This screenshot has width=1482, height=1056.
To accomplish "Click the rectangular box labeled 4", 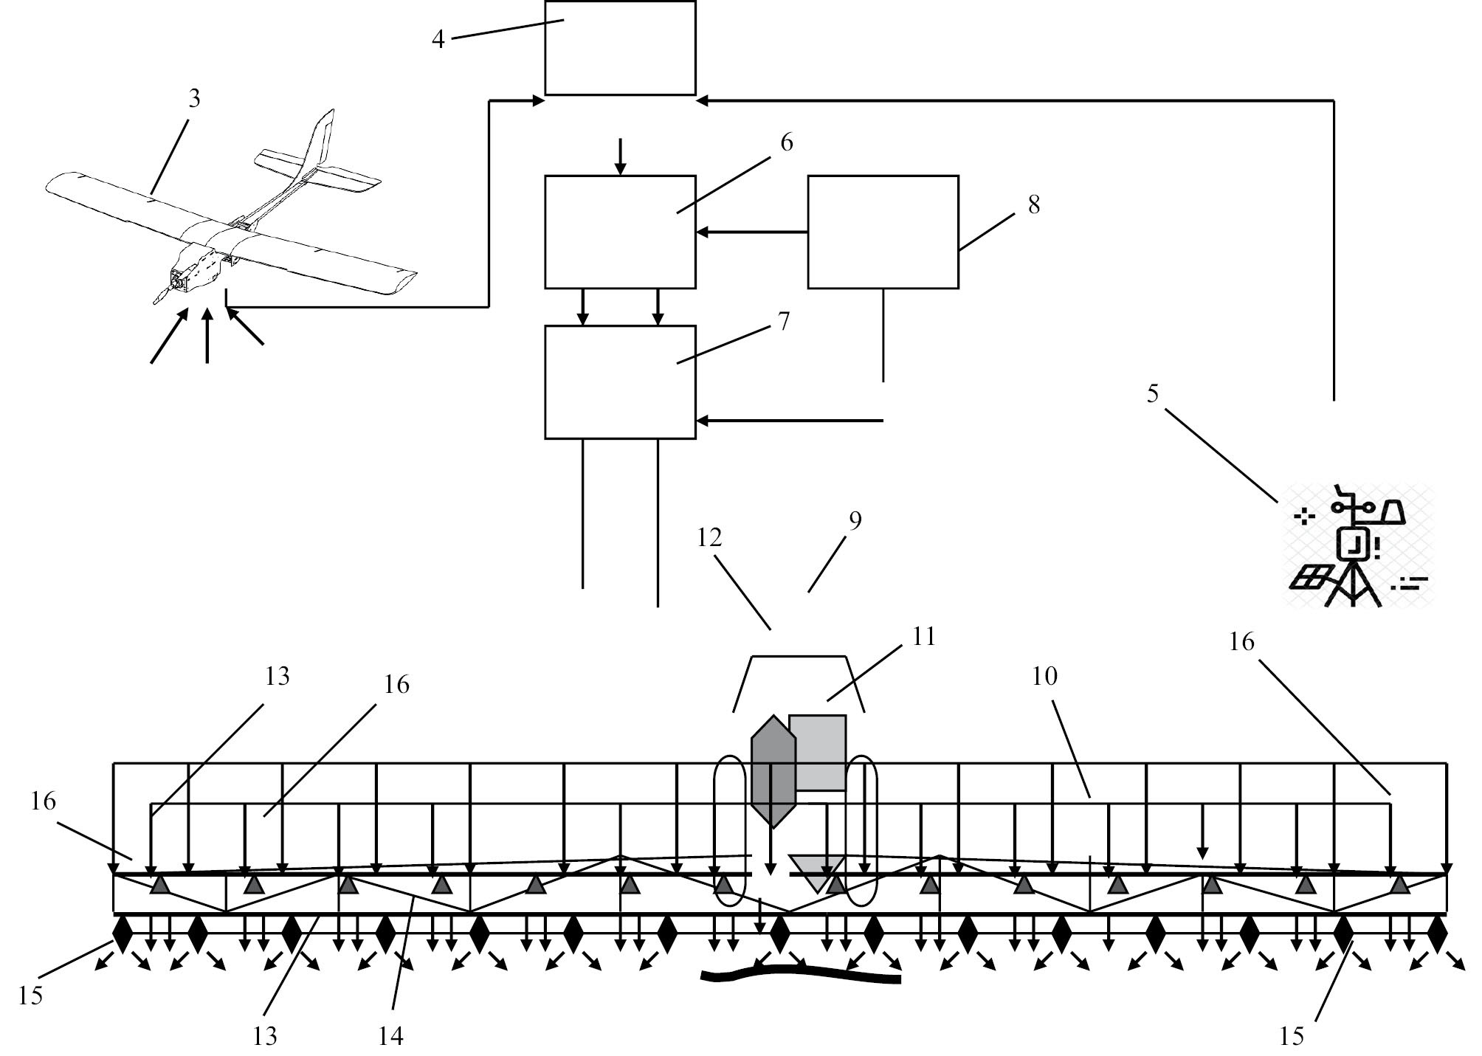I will pos(620,49).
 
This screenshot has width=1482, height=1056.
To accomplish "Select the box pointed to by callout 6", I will pos(620,232).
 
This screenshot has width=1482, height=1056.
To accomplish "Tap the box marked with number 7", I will pos(620,382).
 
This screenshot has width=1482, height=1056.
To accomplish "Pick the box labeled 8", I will pos(883,232).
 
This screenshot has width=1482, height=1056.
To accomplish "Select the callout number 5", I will pos(1152,394).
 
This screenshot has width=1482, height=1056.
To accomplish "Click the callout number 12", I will pos(709,537).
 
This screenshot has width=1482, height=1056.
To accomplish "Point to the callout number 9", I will pos(855,521).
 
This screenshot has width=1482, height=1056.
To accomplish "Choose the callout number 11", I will pos(923,636).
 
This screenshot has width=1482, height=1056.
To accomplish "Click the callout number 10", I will pos(1044,676).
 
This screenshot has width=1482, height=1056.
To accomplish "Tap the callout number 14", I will pos(390,1036).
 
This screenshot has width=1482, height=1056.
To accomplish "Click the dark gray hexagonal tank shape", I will pos(773,771).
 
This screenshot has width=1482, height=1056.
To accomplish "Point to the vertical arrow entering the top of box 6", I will pos(621,156).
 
